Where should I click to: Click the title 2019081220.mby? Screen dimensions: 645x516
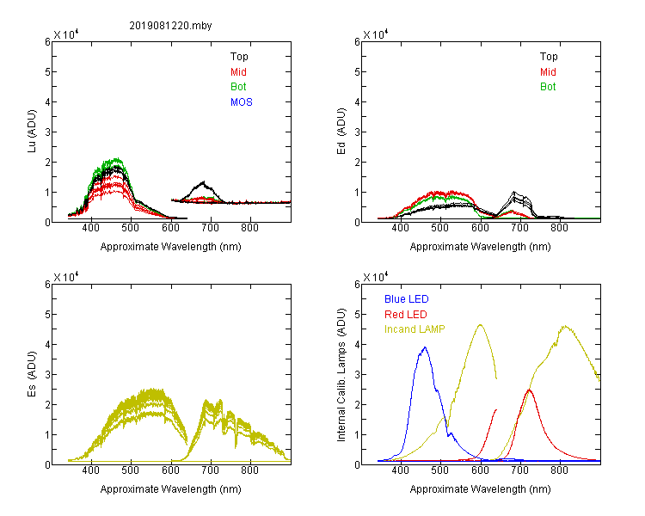pos(171,26)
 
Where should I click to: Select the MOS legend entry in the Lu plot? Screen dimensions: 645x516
pos(242,102)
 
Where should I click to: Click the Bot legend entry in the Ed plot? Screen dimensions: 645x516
pos(548,87)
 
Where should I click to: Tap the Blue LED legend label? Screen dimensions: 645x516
pos(407,299)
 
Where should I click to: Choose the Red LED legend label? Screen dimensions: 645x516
pos(406,315)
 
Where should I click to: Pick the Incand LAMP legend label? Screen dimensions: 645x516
pos(415,329)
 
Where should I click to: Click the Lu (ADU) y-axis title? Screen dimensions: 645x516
pos(32,132)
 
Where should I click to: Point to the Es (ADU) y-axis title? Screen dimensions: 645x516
pos(32,374)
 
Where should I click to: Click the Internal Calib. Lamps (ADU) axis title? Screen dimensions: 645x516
pos(341,375)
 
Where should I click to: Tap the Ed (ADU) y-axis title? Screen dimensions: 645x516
pos(341,132)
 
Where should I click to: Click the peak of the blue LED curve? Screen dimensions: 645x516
pos(425,347)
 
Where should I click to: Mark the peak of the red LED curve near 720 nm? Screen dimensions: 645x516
pos(530,390)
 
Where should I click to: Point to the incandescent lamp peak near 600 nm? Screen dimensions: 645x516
pos(480,325)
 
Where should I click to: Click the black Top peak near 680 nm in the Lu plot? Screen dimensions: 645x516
pos(203,181)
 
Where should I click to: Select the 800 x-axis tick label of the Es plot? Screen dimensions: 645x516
pos(249,470)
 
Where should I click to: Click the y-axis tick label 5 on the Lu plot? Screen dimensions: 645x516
pos(47,72)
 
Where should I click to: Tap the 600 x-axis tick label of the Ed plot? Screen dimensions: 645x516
pos(480,228)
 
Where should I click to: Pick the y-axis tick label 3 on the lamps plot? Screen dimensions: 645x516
pos(357,375)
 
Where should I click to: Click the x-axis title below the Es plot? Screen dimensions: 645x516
pos(171,489)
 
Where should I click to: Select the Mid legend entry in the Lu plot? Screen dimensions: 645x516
pos(238,72)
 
